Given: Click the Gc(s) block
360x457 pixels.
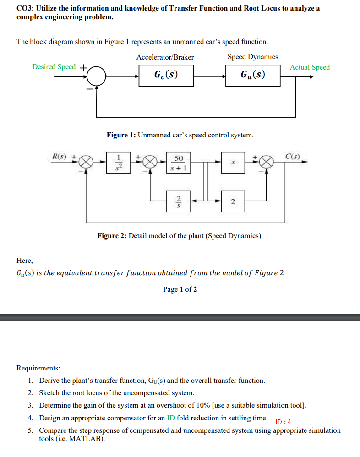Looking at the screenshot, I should point(166,75).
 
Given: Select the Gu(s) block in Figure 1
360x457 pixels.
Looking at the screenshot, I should point(253,75).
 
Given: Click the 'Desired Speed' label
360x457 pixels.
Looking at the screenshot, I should point(54,67).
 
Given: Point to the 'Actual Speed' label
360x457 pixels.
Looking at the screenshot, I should point(310,67).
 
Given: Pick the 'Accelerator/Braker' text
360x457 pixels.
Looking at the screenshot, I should point(165,57).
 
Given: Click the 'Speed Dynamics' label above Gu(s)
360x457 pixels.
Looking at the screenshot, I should point(253,57).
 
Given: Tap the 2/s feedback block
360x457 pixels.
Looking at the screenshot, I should point(179,200).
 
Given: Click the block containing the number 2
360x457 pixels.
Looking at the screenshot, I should point(233,200).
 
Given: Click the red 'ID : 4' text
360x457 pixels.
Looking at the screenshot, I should point(284,422).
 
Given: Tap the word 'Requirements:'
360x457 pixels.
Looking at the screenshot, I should point(38,368).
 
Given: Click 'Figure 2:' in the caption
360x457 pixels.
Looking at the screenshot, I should point(111,236).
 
